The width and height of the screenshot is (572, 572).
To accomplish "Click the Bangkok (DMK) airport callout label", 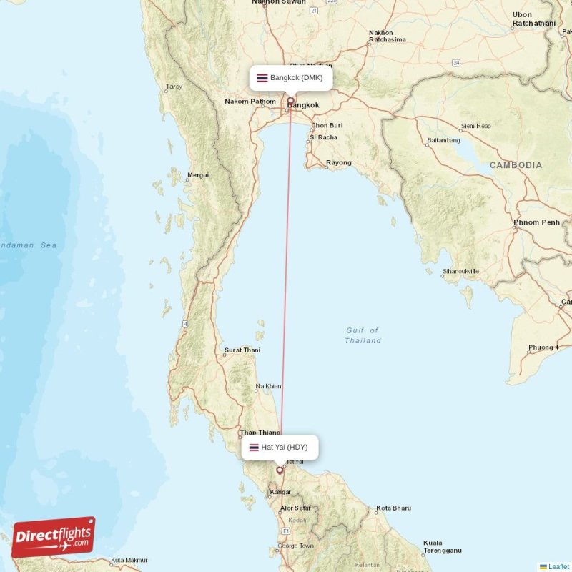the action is click(x=290, y=78).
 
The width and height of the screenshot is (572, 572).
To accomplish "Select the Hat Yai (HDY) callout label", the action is click(x=279, y=448).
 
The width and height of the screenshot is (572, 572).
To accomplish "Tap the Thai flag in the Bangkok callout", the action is click(x=262, y=78).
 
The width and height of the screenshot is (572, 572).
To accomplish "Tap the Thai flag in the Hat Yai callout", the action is click(x=254, y=448).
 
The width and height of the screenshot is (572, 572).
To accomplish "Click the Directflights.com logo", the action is click(x=54, y=537).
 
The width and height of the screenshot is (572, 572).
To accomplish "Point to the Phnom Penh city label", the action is click(x=536, y=222).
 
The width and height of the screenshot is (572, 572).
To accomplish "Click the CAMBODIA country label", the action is click(x=516, y=165).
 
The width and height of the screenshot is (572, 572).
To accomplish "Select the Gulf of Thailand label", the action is click(x=363, y=335).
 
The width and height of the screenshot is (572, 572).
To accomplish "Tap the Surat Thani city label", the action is click(x=242, y=350).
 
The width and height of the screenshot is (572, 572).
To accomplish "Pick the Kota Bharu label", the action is click(x=393, y=508).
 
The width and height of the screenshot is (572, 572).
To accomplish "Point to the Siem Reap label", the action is click(x=476, y=127).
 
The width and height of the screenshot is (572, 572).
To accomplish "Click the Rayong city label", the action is click(x=338, y=163).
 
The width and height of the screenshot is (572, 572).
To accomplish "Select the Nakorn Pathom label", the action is click(x=250, y=102).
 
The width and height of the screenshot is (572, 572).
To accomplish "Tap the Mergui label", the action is click(x=197, y=174).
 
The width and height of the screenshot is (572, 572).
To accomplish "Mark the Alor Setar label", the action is click(x=295, y=508).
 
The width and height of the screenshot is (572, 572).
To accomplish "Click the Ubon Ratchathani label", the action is click(x=533, y=19).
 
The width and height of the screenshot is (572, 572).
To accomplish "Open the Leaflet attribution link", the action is click(x=558, y=566).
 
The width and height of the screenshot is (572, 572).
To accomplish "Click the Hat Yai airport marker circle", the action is click(x=280, y=470).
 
